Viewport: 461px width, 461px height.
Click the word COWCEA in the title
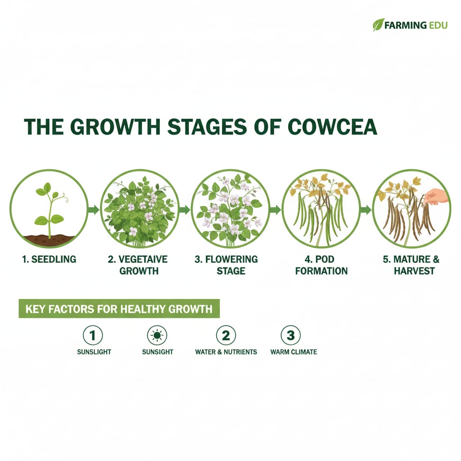point(332,127)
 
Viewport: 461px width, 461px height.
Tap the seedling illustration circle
point(49,209)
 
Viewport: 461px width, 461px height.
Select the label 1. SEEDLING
point(49,259)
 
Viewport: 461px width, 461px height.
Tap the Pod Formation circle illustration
point(321,209)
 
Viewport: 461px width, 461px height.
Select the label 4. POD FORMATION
point(321,265)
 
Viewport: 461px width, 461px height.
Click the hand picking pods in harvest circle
point(434,196)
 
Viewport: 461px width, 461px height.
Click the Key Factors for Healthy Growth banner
point(119,309)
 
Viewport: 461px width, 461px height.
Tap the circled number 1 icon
point(93,335)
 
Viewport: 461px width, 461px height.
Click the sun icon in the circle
point(157,335)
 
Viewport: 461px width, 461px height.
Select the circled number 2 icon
point(226,335)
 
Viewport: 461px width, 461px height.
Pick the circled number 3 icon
point(290,335)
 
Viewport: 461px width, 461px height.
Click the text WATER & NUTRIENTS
point(226,352)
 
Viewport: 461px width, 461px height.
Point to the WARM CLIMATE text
point(294,352)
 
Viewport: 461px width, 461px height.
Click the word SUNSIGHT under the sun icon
point(158,352)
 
